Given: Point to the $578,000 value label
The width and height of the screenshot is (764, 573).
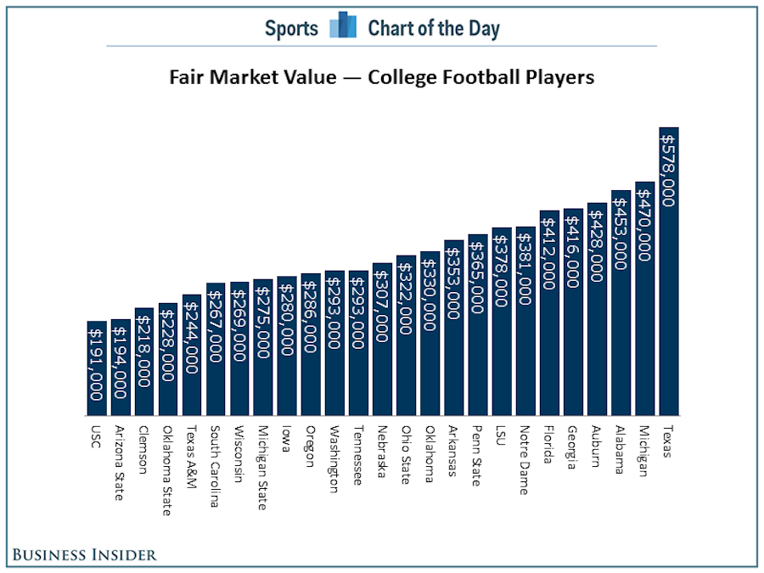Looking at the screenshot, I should tap(669, 170).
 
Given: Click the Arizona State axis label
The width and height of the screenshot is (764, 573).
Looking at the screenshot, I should tap(120, 462).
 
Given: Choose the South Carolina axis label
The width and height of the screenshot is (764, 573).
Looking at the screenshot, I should tap(216, 465).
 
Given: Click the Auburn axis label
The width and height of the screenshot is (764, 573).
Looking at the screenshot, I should tap(596, 445).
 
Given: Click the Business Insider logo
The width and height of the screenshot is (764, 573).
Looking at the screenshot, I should tap(85, 554).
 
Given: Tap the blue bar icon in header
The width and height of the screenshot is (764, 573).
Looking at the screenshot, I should tap(343, 25).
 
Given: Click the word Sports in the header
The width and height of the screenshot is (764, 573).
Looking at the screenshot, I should tap(291, 28).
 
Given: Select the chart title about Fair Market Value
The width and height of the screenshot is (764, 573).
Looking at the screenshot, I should tap(381, 77).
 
